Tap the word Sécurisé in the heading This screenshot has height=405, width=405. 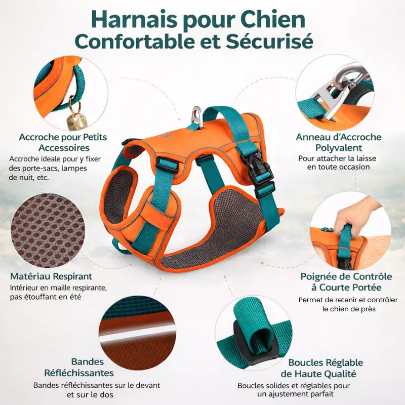(271, 42)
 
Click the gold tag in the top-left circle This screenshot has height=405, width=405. (74, 122)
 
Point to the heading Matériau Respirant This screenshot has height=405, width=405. (51, 276)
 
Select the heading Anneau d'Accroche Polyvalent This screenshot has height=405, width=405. (339, 142)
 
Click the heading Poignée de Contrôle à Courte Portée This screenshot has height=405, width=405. (346, 282)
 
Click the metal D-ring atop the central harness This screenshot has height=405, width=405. (197, 116)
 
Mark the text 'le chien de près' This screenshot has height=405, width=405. (347, 309)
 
